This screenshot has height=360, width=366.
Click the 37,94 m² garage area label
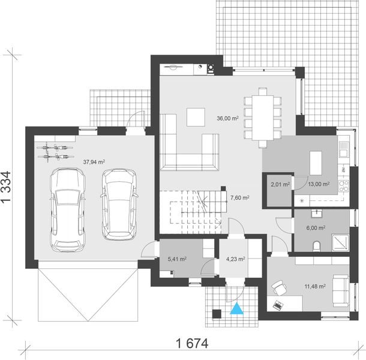click(x=94, y=161)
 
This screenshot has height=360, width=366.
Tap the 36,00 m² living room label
click(x=228, y=119)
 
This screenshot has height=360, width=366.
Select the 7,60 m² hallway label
click(x=240, y=197)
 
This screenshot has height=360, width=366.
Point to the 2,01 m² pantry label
click(x=280, y=185)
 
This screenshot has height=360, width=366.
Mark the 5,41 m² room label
click(x=176, y=260)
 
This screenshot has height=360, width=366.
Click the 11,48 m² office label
click(x=314, y=287)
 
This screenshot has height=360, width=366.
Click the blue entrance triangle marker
click(x=238, y=310)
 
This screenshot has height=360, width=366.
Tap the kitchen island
click(x=316, y=162)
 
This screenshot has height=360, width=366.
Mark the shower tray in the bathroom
click(x=340, y=241)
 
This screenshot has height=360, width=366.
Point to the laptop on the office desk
click(x=278, y=304)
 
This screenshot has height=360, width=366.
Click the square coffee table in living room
click(x=196, y=116)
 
